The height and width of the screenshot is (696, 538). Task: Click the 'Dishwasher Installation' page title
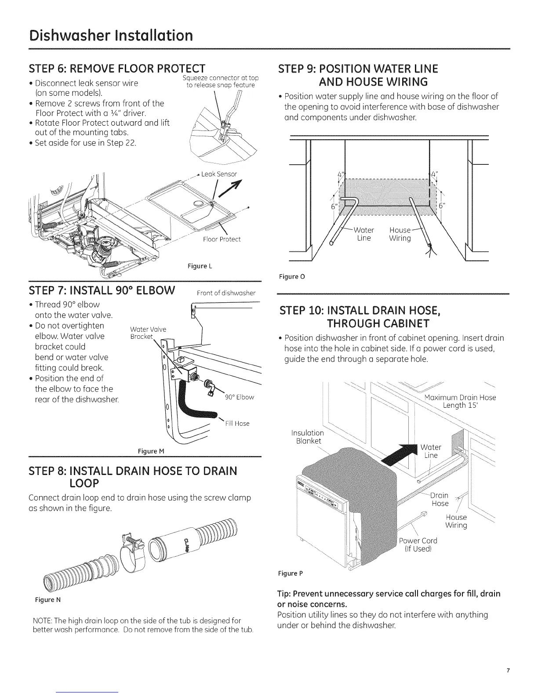pyautogui.click(x=110, y=35)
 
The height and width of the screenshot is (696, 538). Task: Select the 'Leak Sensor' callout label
pyautogui.click(x=219, y=174)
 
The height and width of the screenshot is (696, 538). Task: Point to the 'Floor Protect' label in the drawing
pyautogui.click(x=222, y=239)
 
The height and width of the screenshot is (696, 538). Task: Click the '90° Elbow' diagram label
pyautogui.click(x=239, y=397)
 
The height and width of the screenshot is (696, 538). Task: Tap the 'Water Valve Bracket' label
pyautogui.click(x=148, y=333)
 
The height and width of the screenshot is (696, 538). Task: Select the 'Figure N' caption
pyautogui.click(x=44, y=600)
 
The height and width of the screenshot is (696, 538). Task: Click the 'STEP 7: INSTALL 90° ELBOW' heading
pyautogui.click(x=102, y=290)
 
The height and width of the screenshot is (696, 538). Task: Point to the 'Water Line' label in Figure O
pyautogui.click(x=364, y=234)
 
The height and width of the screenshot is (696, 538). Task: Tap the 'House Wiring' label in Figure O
pyautogui.click(x=400, y=234)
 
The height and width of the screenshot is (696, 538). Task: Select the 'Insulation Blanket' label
pyautogui.click(x=308, y=437)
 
